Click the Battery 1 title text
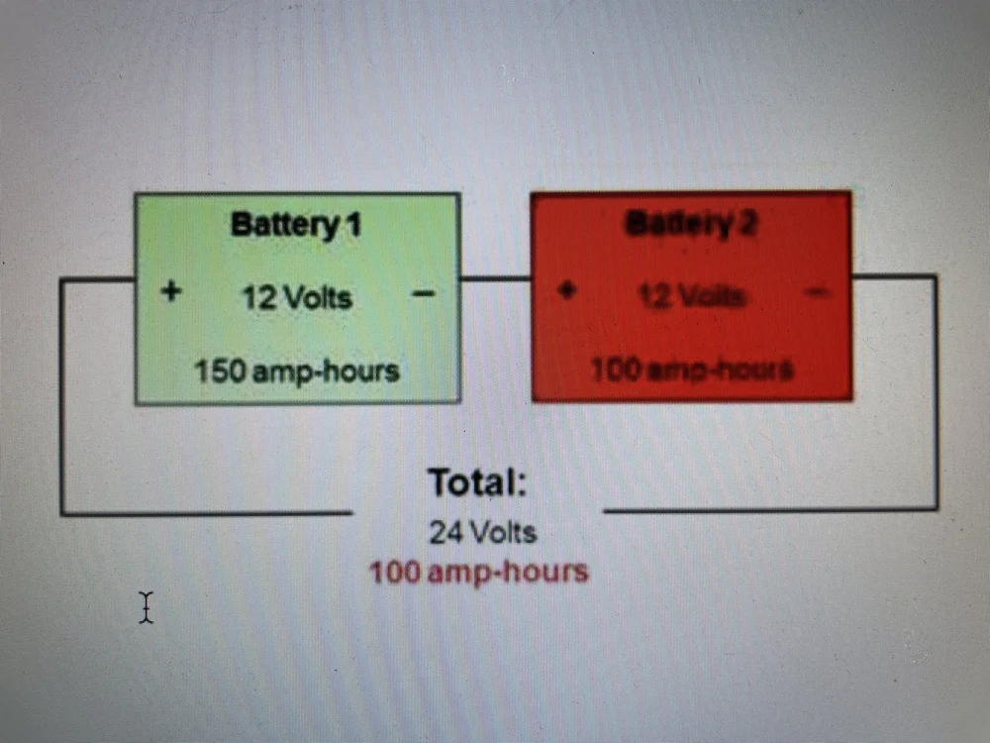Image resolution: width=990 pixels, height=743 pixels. pyautogui.click(x=296, y=225)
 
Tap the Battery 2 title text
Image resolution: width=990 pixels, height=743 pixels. pyautogui.click(x=691, y=224)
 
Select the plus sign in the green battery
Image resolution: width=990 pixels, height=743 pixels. pyautogui.click(x=171, y=292)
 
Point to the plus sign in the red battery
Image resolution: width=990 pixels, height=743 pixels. pyautogui.click(x=566, y=291)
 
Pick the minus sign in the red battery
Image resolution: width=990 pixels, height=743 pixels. pyautogui.click(x=817, y=291)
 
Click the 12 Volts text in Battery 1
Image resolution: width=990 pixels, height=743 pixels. pyautogui.click(x=297, y=296)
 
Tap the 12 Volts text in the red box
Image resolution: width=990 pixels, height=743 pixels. pyautogui.click(x=692, y=295)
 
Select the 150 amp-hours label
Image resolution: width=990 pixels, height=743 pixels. pyautogui.click(x=296, y=371)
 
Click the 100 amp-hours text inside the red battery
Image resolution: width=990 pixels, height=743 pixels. pyautogui.click(x=692, y=371)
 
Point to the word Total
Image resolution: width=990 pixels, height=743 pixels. pyautogui.click(x=476, y=483)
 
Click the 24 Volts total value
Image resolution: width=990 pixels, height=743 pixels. pyautogui.click(x=482, y=532)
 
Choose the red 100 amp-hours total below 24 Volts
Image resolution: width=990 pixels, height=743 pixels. pyautogui.click(x=479, y=572)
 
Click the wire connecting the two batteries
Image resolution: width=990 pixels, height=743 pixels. pyautogui.click(x=495, y=278)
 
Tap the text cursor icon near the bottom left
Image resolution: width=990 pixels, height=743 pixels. pyautogui.click(x=147, y=606)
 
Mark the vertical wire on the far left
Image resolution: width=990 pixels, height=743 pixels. pyautogui.click(x=61, y=396)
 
